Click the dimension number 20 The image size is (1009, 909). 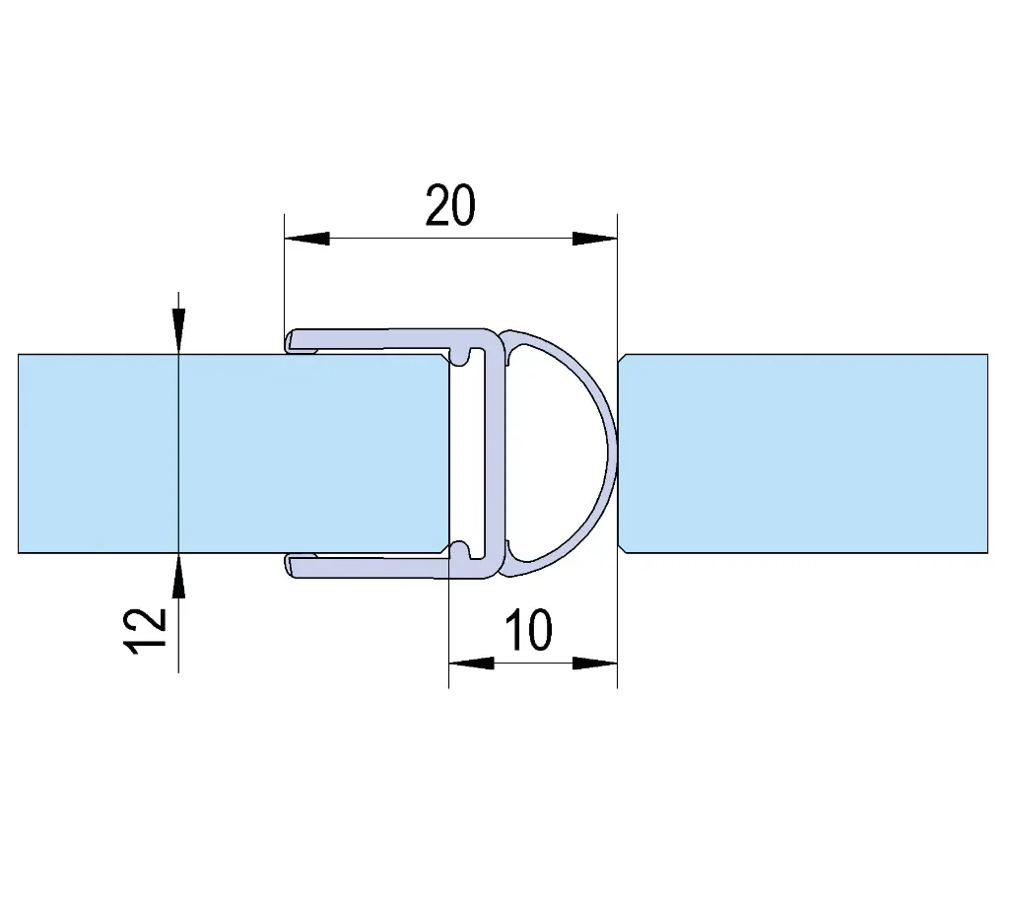click(450, 205)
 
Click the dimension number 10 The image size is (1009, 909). click(528, 630)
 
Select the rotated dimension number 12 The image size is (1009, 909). click(145, 632)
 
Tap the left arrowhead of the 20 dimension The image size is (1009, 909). click(307, 239)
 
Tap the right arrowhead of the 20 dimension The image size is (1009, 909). click(594, 239)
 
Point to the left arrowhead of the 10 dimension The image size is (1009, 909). click(472, 664)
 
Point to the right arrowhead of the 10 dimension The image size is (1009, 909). click(594, 664)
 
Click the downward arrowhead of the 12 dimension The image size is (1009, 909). click(178, 331)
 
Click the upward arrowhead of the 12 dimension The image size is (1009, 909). click(178, 575)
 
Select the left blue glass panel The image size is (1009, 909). click(233, 454)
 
